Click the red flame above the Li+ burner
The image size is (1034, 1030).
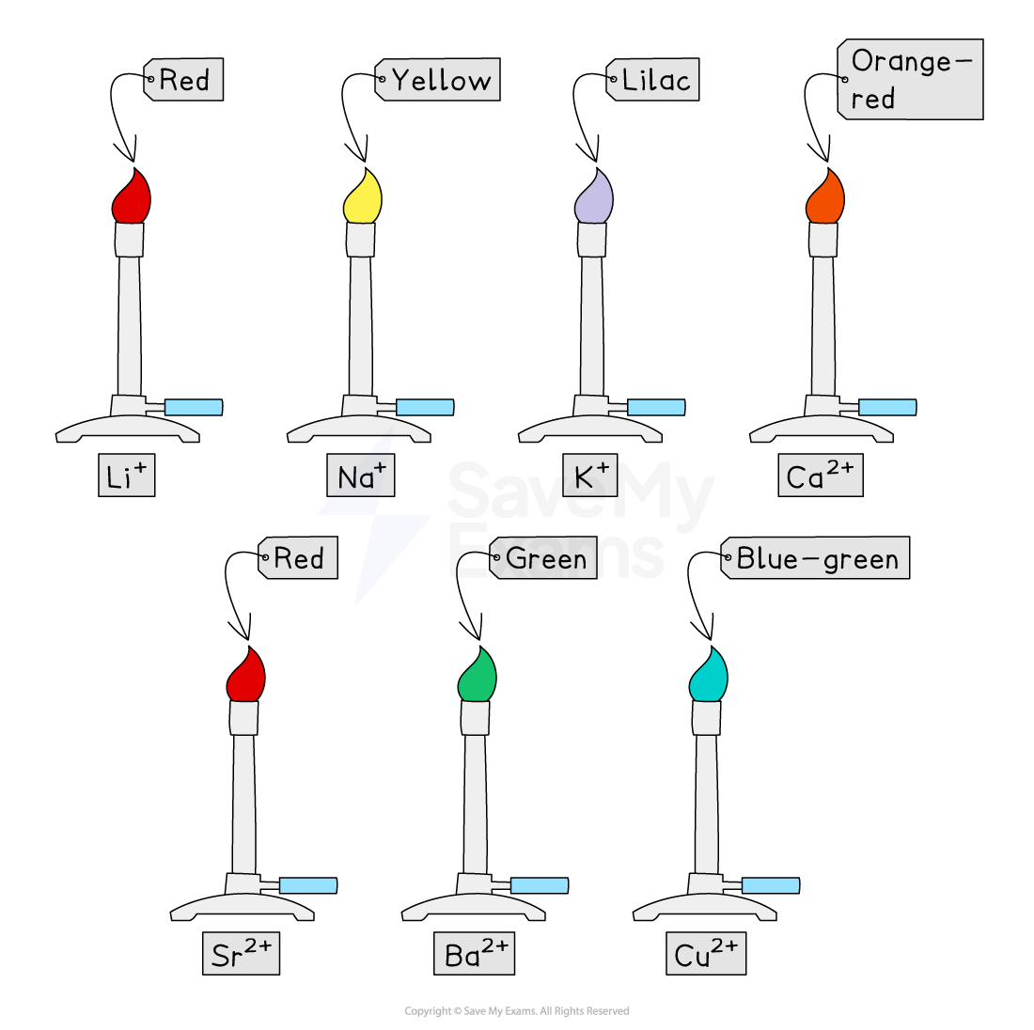[x=132, y=200]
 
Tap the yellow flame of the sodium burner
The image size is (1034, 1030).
[x=363, y=200]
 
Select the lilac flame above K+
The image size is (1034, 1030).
[x=594, y=200]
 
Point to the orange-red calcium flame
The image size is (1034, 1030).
[x=825, y=200]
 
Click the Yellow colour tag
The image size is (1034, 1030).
[x=438, y=80]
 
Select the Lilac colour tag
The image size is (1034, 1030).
[x=653, y=80]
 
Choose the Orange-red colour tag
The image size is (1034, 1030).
[x=910, y=80]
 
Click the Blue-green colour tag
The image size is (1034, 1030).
[x=815, y=558]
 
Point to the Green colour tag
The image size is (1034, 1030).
[x=543, y=558]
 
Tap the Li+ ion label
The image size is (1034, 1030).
[x=126, y=476]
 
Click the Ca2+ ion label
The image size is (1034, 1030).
[x=820, y=476]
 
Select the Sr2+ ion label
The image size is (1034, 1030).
[x=241, y=954]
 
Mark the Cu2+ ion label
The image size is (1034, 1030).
[x=705, y=954]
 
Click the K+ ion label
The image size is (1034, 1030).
[x=591, y=476]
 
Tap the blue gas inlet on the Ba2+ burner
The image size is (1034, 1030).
[x=540, y=885]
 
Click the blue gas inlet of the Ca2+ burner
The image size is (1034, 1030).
[x=887, y=407]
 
